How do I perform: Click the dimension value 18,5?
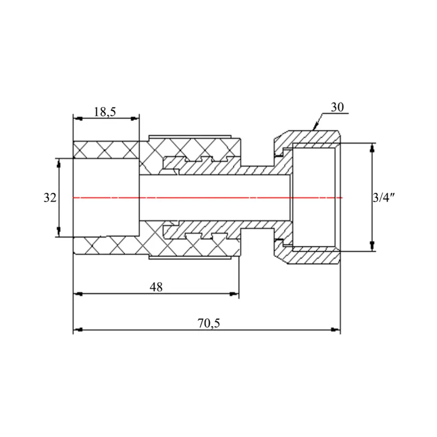[105, 112]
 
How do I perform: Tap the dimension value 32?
[50, 198]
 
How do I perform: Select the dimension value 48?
[156, 287]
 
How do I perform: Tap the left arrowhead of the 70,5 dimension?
[77, 330]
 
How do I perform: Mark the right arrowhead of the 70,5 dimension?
[336, 330]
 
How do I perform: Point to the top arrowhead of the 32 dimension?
[59, 162]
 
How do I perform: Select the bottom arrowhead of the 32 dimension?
[59, 234]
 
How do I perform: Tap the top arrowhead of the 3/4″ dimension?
[372, 147]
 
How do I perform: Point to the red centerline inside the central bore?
[214, 198]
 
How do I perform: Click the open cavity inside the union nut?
[313, 198]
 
